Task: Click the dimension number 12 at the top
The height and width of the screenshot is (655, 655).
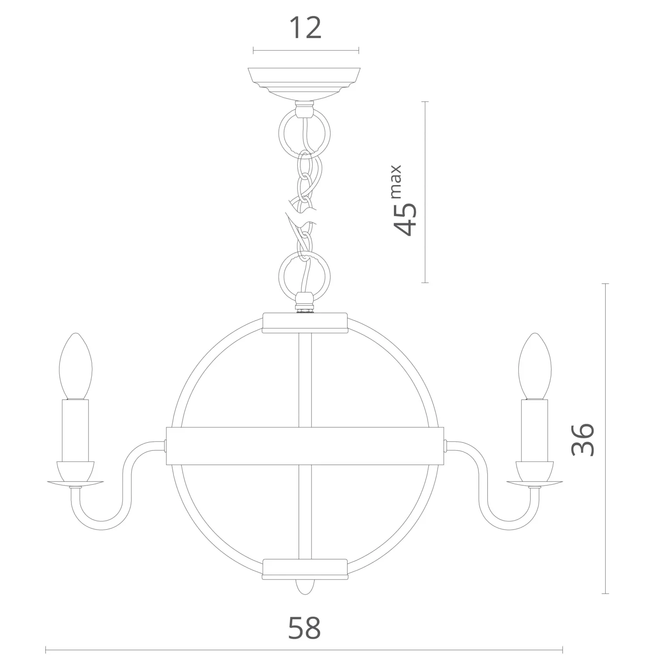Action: click(x=305, y=28)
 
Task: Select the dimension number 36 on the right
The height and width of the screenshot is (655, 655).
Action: click(x=583, y=439)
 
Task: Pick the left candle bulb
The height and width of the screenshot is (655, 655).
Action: click(x=76, y=367)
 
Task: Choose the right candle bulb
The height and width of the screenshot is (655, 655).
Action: click(x=534, y=367)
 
